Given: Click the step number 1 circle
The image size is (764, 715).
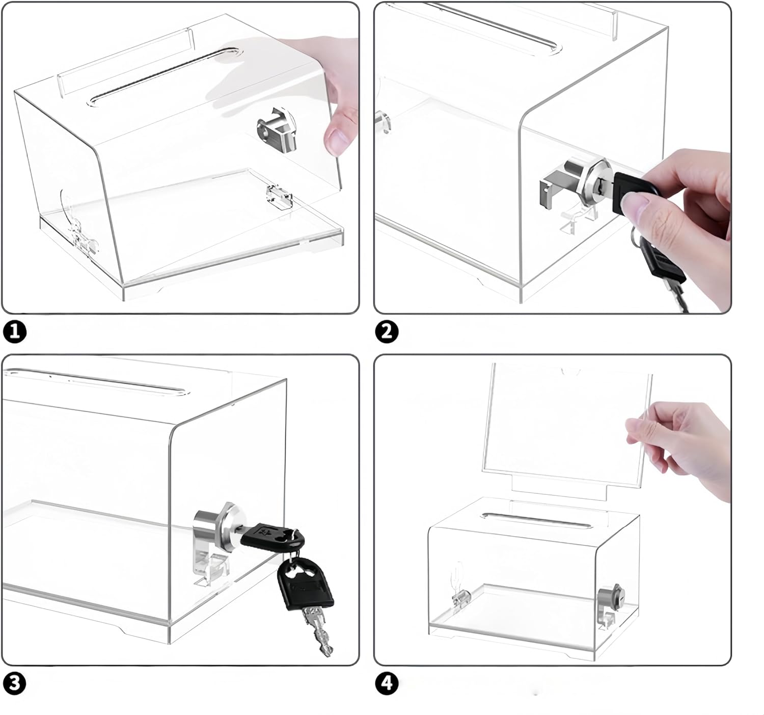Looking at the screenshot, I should (x=14, y=332).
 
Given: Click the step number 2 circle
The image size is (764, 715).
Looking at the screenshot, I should (x=387, y=332).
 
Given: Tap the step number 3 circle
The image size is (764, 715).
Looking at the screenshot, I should (x=14, y=683).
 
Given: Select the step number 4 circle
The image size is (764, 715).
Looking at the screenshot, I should (x=387, y=683).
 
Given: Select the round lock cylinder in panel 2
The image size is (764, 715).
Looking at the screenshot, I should (x=596, y=181).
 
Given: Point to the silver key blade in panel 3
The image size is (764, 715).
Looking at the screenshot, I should (x=318, y=632).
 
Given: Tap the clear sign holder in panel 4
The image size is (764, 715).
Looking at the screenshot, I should (x=565, y=428).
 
